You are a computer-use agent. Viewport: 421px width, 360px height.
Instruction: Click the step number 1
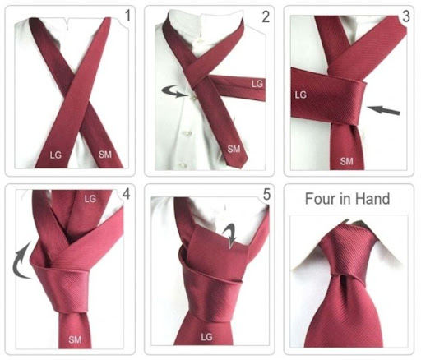127,16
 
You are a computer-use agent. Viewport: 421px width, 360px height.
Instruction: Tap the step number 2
266,16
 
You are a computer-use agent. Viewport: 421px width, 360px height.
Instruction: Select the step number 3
405,16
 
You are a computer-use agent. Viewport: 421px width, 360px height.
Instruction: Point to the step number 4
126,194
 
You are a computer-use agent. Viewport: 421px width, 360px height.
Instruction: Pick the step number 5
266,195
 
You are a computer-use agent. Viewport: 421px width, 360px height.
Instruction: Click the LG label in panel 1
56,155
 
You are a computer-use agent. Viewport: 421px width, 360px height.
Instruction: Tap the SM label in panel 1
105,155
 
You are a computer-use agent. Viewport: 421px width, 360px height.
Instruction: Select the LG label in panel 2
257,84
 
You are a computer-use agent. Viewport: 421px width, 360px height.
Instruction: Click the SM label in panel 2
234,149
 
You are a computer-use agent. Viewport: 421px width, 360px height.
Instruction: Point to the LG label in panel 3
301,95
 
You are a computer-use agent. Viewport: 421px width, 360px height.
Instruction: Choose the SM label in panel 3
347,161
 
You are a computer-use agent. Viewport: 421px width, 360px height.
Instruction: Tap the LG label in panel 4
90,199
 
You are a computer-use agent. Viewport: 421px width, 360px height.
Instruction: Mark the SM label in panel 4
75,340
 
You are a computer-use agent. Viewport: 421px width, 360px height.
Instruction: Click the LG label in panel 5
206,337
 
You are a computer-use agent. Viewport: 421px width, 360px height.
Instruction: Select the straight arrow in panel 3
383,110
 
